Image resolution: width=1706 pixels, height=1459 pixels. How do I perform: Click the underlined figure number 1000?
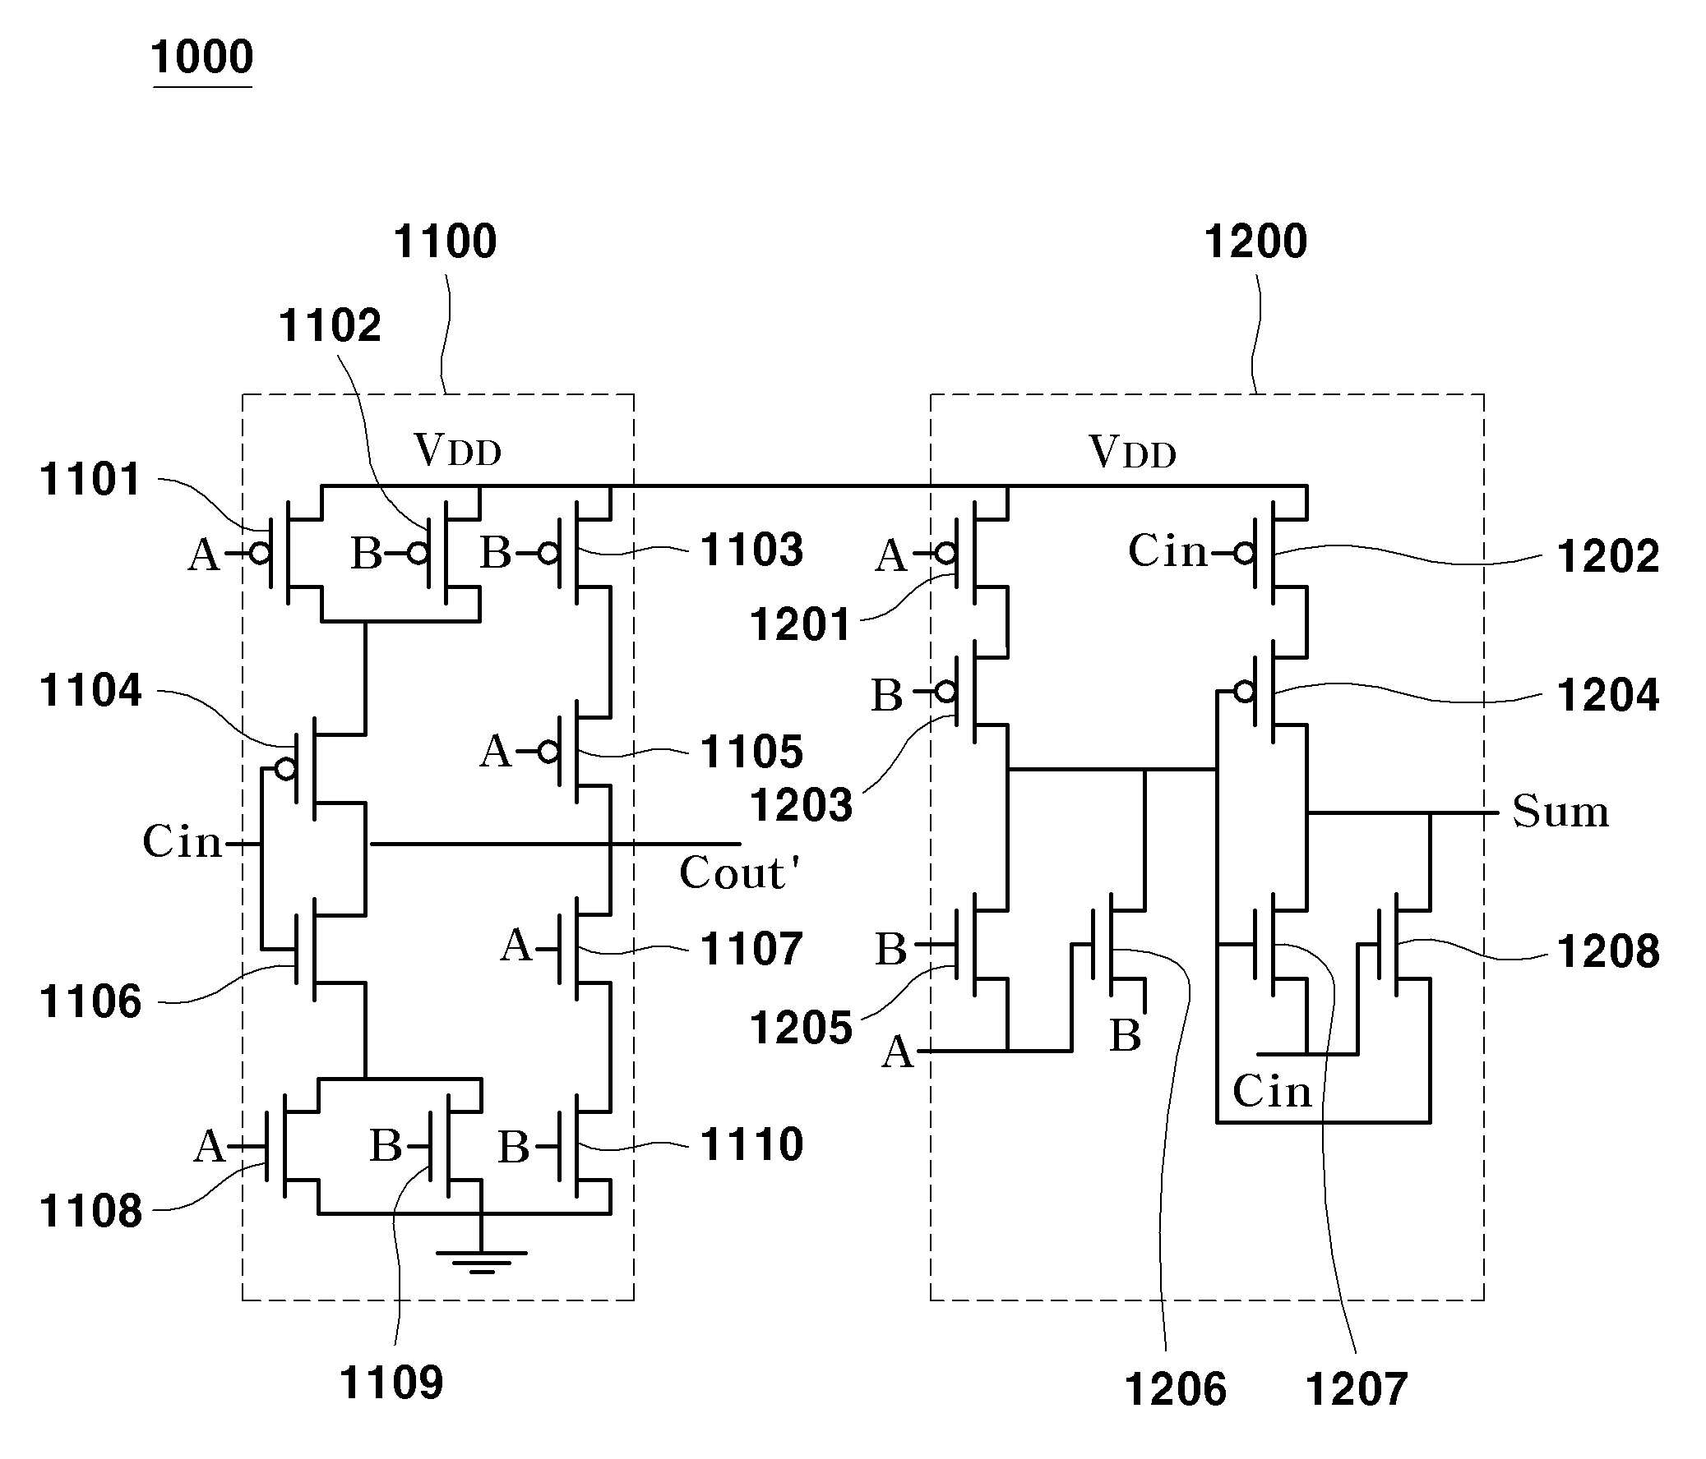coord(202,57)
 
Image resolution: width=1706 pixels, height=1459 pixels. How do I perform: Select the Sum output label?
coord(1560,812)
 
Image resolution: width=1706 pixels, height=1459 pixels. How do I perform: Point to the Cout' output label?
coord(738,872)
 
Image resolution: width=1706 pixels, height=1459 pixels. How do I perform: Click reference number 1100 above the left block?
coord(446,241)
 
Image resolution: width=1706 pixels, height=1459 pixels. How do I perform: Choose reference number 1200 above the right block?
coord(1255,241)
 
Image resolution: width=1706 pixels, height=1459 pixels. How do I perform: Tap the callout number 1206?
coord(1175,1389)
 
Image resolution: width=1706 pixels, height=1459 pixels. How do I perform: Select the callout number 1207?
coord(1356,1389)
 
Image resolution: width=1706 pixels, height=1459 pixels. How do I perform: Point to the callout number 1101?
coord(90,479)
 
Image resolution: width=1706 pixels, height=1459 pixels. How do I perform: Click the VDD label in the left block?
coord(458,450)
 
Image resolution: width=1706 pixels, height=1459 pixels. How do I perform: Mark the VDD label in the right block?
coord(1132,452)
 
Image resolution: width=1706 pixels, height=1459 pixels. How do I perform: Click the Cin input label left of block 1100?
coord(182,842)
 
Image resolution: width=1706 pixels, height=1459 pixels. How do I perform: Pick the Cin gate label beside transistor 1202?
coord(1167,550)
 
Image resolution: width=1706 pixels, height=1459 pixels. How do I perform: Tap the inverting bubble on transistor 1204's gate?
coord(1245,692)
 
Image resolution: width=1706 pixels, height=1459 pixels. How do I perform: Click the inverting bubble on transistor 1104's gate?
coord(286,770)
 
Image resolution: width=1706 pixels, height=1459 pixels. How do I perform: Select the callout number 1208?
coord(1608,950)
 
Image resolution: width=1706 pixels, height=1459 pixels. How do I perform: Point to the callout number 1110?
coord(751,1144)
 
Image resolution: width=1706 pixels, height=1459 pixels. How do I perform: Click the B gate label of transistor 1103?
coord(496,552)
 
